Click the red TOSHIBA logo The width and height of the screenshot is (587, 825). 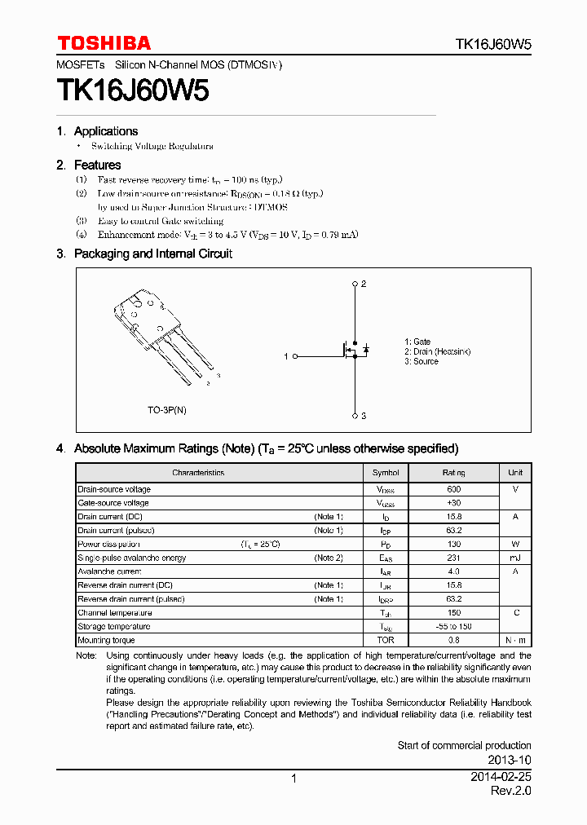pyautogui.click(x=104, y=43)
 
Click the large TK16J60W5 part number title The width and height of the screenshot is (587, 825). pyautogui.click(x=132, y=90)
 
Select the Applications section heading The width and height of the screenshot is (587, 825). pyautogui.click(x=105, y=131)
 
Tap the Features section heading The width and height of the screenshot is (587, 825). pyautogui.click(x=97, y=165)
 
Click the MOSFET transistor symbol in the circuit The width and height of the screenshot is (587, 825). pyautogui.click(x=353, y=351)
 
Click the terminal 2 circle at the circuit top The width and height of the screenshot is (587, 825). pyautogui.click(x=355, y=285)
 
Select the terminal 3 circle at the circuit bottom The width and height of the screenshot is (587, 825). pyautogui.click(x=355, y=416)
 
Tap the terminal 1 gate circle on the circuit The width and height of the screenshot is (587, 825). pyautogui.click(x=294, y=356)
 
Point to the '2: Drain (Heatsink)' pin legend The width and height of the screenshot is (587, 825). pyautogui.click(x=438, y=351)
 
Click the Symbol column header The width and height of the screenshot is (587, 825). pyautogui.click(x=386, y=473)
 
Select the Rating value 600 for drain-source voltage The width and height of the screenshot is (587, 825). pyautogui.click(x=453, y=490)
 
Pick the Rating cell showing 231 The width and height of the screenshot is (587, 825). pyautogui.click(x=453, y=558)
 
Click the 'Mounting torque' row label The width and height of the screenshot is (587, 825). pyautogui.click(x=107, y=641)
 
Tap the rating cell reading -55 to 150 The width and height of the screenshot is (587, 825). pyautogui.click(x=453, y=627)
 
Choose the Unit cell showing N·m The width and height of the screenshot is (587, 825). pyautogui.click(x=515, y=641)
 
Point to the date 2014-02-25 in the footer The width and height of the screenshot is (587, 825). pyautogui.click(x=501, y=778)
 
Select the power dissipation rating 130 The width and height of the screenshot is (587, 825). pyautogui.click(x=453, y=545)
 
